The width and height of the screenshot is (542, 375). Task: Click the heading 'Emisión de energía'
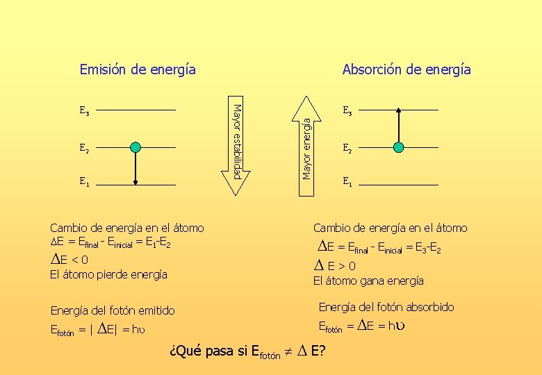pyautogui.click(x=138, y=69)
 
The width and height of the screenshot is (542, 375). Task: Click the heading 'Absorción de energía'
pyautogui.click(x=406, y=69)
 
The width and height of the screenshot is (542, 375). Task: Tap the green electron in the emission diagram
pyautogui.click(x=135, y=147)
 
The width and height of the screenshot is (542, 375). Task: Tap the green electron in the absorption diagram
pyautogui.click(x=398, y=147)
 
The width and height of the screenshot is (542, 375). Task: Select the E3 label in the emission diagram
pyautogui.click(x=84, y=110)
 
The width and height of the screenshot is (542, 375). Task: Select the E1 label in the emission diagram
pyautogui.click(x=84, y=183)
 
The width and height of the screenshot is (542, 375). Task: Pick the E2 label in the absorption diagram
pyautogui.click(x=347, y=147)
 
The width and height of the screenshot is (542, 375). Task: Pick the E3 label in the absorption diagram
pyautogui.click(x=347, y=110)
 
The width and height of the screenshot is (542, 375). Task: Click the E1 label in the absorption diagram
pyautogui.click(x=347, y=183)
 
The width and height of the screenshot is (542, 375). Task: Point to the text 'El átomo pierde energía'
pyautogui.click(x=109, y=274)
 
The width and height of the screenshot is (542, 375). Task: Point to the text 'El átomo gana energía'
pyautogui.click(x=368, y=281)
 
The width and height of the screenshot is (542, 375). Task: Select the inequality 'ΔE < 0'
pyautogui.click(x=69, y=260)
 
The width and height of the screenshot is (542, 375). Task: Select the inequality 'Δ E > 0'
pyautogui.click(x=336, y=265)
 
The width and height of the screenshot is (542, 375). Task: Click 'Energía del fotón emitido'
pyautogui.click(x=113, y=310)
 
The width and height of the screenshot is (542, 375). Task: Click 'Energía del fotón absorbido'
pyautogui.click(x=386, y=307)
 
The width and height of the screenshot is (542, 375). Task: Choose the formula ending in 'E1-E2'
pyautogui.click(x=111, y=244)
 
